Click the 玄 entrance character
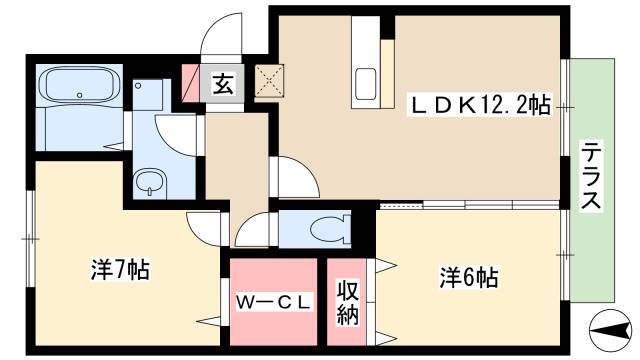coord(223,84)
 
